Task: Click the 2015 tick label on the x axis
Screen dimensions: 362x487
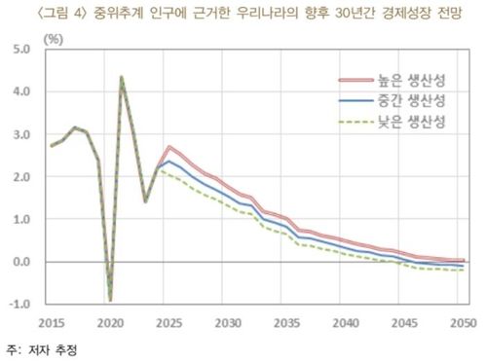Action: [53, 321]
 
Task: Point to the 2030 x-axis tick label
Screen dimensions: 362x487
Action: [226, 321]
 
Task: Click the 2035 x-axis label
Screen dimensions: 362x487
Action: [283, 321]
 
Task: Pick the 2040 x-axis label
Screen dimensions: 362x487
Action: [342, 321]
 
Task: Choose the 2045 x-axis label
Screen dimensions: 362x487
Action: [399, 321]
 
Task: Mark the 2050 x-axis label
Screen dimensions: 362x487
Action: [457, 321]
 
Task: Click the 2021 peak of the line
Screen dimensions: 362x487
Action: [122, 77]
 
